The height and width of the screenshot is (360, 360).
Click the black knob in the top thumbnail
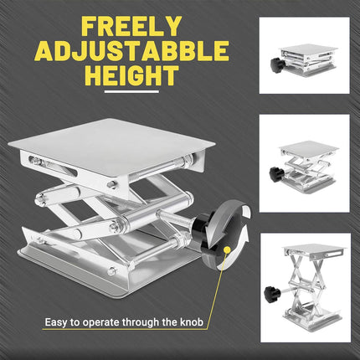tap(276, 67)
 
